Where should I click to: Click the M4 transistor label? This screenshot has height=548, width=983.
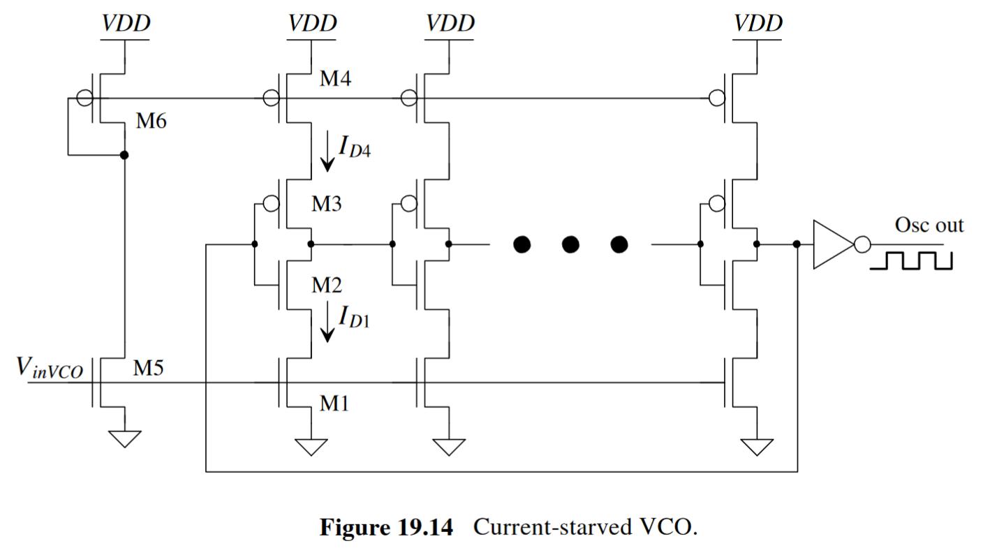(x=334, y=79)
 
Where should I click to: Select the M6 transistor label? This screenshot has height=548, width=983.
(x=151, y=121)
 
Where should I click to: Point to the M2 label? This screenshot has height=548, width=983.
(x=326, y=285)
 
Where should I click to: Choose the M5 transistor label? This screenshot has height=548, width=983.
(x=148, y=369)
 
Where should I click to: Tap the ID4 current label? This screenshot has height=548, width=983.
(x=354, y=147)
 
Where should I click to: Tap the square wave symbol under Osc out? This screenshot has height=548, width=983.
(x=911, y=260)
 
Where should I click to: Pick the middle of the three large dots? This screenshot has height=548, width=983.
(x=570, y=245)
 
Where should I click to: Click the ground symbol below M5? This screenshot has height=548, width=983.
(x=124, y=438)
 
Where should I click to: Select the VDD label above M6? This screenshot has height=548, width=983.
(x=126, y=23)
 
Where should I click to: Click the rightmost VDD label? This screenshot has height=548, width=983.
(x=758, y=23)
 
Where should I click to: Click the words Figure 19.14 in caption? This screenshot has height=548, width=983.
(x=386, y=527)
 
